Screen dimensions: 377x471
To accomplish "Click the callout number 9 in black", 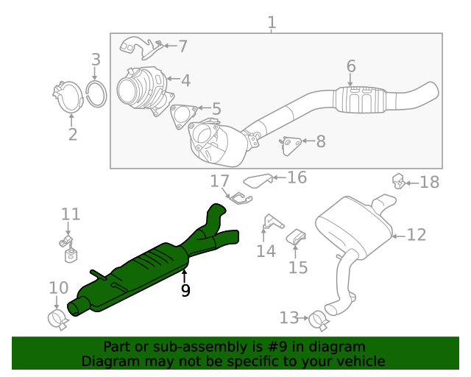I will click(185, 291).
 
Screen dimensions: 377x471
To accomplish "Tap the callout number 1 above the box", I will click(272, 23).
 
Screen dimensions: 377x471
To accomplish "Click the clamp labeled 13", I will click(318, 320).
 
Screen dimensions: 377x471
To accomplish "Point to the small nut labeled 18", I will click(398, 179).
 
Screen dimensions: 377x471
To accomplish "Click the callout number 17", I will click(220, 181).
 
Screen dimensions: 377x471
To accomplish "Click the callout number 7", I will click(183, 46).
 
